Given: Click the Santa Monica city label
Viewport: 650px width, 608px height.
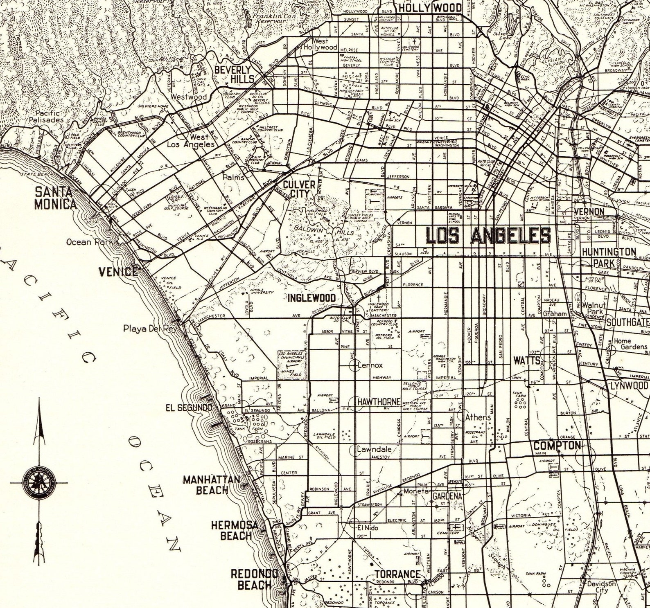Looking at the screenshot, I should tap(55, 198).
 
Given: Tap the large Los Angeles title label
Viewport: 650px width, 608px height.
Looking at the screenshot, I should tap(488, 236).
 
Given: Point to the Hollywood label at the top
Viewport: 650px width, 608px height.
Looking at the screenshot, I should tap(430, 8).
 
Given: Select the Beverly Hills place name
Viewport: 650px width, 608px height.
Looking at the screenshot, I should tap(234, 74).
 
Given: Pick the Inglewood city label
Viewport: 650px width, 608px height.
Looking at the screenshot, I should tap(311, 298).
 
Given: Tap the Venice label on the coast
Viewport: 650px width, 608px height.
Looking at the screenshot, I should tap(118, 271).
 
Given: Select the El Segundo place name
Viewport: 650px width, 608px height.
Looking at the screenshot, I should tap(189, 408).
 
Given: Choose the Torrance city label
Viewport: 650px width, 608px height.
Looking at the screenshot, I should tap(397, 574).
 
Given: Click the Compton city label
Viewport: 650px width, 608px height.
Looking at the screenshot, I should tap(557, 445).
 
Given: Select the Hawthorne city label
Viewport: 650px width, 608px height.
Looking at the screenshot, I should tap(379, 402).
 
